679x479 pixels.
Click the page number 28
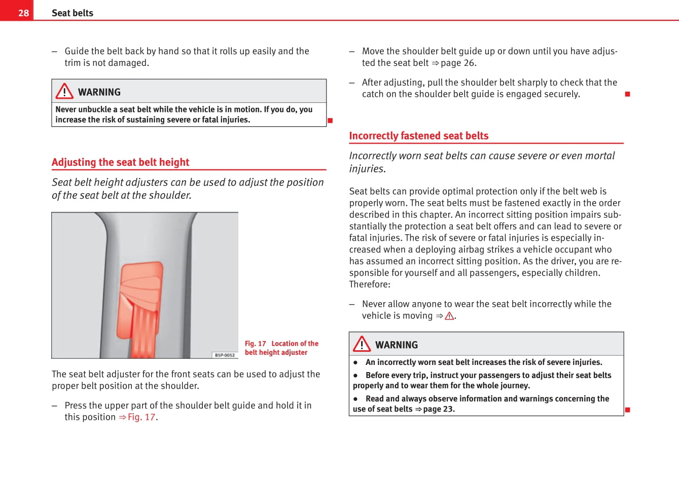[x=23, y=13]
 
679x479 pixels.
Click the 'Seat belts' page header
[x=73, y=13]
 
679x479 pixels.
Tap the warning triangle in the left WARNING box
[x=64, y=91]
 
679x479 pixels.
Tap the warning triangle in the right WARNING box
[x=362, y=344]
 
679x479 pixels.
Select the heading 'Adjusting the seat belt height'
[x=120, y=162]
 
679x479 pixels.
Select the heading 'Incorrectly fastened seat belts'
[x=418, y=136]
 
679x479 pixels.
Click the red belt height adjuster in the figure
[x=140, y=299]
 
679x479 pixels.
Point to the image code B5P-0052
[x=225, y=355]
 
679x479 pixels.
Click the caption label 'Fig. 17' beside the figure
[x=255, y=344]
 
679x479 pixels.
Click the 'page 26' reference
[x=458, y=63]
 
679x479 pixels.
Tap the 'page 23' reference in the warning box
[x=439, y=409]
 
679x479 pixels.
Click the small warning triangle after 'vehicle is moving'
[x=449, y=316]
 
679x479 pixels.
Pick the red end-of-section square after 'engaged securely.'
[x=627, y=94]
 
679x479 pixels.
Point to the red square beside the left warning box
[x=330, y=120]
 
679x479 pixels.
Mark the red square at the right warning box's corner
[x=627, y=410]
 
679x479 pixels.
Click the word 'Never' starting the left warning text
[x=65, y=109]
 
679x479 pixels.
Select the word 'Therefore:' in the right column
[x=370, y=284]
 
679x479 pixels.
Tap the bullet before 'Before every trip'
[x=356, y=376]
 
